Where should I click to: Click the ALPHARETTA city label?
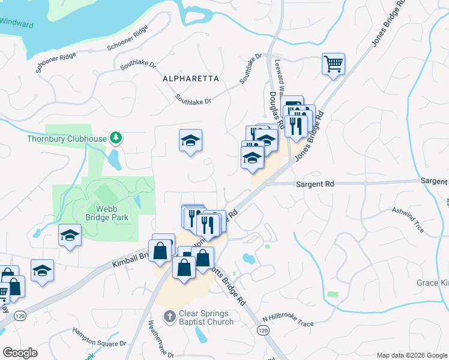[x=191, y=79]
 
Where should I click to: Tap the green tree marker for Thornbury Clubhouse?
[x=115, y=139]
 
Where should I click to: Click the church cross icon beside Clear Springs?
[x=170, y=316]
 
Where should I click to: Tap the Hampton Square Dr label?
[x=99, y=337]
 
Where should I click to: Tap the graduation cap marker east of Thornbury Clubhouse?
[x=191, y=141]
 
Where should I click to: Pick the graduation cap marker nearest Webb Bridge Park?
[x=70, y=235]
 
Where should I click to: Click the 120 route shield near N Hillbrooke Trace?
[x=262, y=331]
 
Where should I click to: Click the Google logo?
[x=20, y=352]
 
